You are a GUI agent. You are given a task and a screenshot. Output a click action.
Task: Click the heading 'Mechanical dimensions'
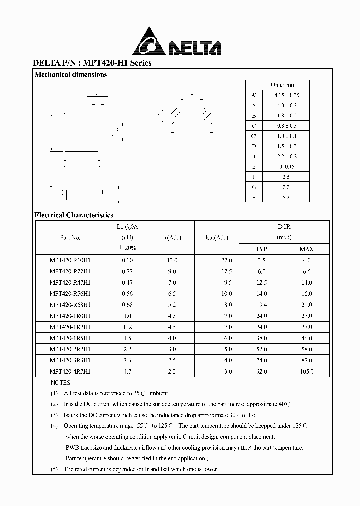70,75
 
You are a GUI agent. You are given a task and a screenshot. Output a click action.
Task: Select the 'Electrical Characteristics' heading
74,215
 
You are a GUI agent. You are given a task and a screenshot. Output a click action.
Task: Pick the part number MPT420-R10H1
70,260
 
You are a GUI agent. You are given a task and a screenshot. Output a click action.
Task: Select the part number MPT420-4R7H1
70,371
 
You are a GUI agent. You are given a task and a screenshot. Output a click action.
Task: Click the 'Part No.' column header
70,238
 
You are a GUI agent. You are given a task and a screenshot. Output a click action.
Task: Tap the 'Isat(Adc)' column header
216,238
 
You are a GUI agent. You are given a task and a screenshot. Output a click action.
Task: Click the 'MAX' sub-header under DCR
306,249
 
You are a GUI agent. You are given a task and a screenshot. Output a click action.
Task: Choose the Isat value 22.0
226,260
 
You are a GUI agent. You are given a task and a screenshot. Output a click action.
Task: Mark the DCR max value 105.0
306,371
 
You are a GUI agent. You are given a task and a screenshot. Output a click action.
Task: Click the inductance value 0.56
128,294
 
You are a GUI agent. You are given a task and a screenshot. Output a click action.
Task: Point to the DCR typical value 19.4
262,305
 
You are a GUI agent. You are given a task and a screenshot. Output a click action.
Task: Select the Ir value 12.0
172,260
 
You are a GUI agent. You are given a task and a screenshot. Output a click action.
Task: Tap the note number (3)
54,415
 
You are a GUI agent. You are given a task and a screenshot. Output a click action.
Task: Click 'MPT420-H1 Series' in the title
117,63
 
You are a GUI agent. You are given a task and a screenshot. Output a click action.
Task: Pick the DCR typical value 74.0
262,360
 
